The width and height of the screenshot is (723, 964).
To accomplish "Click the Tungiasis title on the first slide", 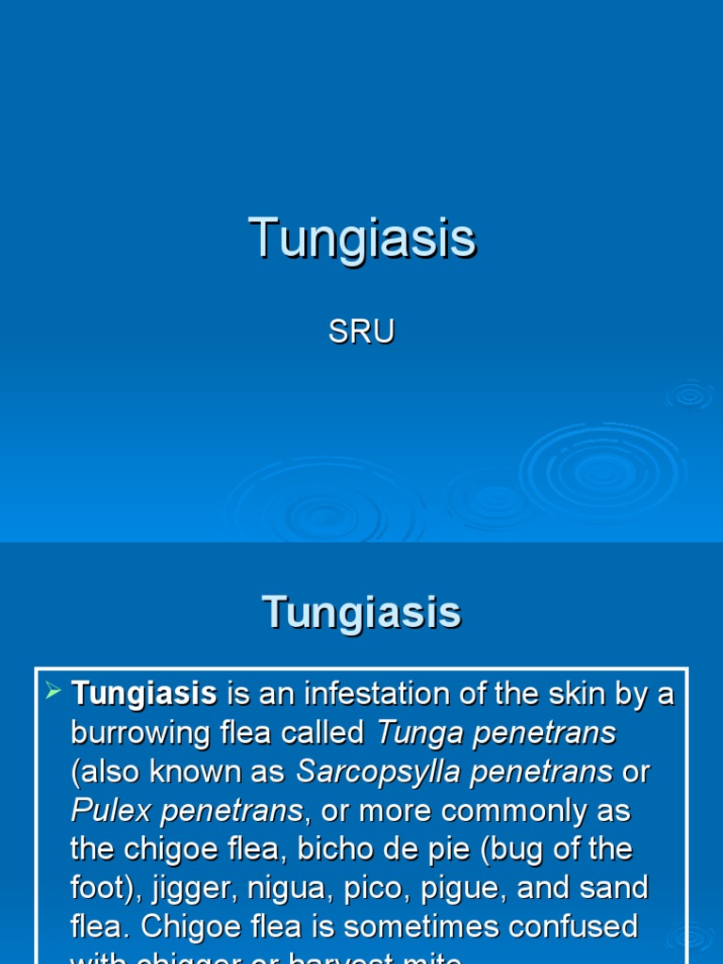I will (x=362, y=237).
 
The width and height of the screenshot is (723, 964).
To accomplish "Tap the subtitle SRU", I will (x=361, y=331).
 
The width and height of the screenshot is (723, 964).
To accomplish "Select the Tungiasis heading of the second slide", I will (x=361, y=612).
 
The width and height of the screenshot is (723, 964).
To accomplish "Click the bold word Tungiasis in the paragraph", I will (x=144, y=695).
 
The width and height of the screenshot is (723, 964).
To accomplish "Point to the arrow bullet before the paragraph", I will (x=55, y=694).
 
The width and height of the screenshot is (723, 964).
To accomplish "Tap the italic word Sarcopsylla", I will (x=376, y=772).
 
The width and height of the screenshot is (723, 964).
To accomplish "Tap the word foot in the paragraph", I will (x=95, y=888).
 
